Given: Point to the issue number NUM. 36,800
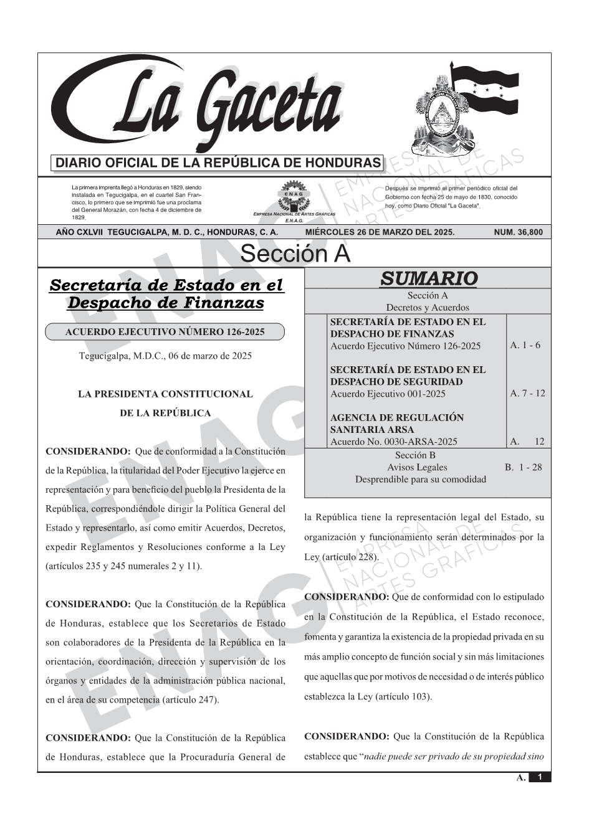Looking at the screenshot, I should (518, 232).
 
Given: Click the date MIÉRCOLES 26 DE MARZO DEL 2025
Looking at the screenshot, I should (380, 232).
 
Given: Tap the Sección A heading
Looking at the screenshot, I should (295, 254).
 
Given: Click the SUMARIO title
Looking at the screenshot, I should (428, 278).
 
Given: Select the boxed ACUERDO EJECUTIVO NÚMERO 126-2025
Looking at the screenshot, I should (165, 332).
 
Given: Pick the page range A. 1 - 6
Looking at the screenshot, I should (525, 345).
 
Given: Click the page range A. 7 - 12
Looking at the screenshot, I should (527, 393).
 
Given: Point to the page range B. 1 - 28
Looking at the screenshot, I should (523, 467).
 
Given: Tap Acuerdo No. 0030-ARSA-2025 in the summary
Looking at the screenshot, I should (393, 442).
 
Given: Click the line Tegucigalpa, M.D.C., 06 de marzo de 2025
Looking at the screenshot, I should (165, 356).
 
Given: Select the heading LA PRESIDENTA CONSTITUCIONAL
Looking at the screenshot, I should (165, 394).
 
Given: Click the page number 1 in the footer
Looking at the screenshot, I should (540, 777).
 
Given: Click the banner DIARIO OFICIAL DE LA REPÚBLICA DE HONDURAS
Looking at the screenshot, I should (218, 163).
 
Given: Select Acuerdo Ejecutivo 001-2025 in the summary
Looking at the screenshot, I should (388, 394).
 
